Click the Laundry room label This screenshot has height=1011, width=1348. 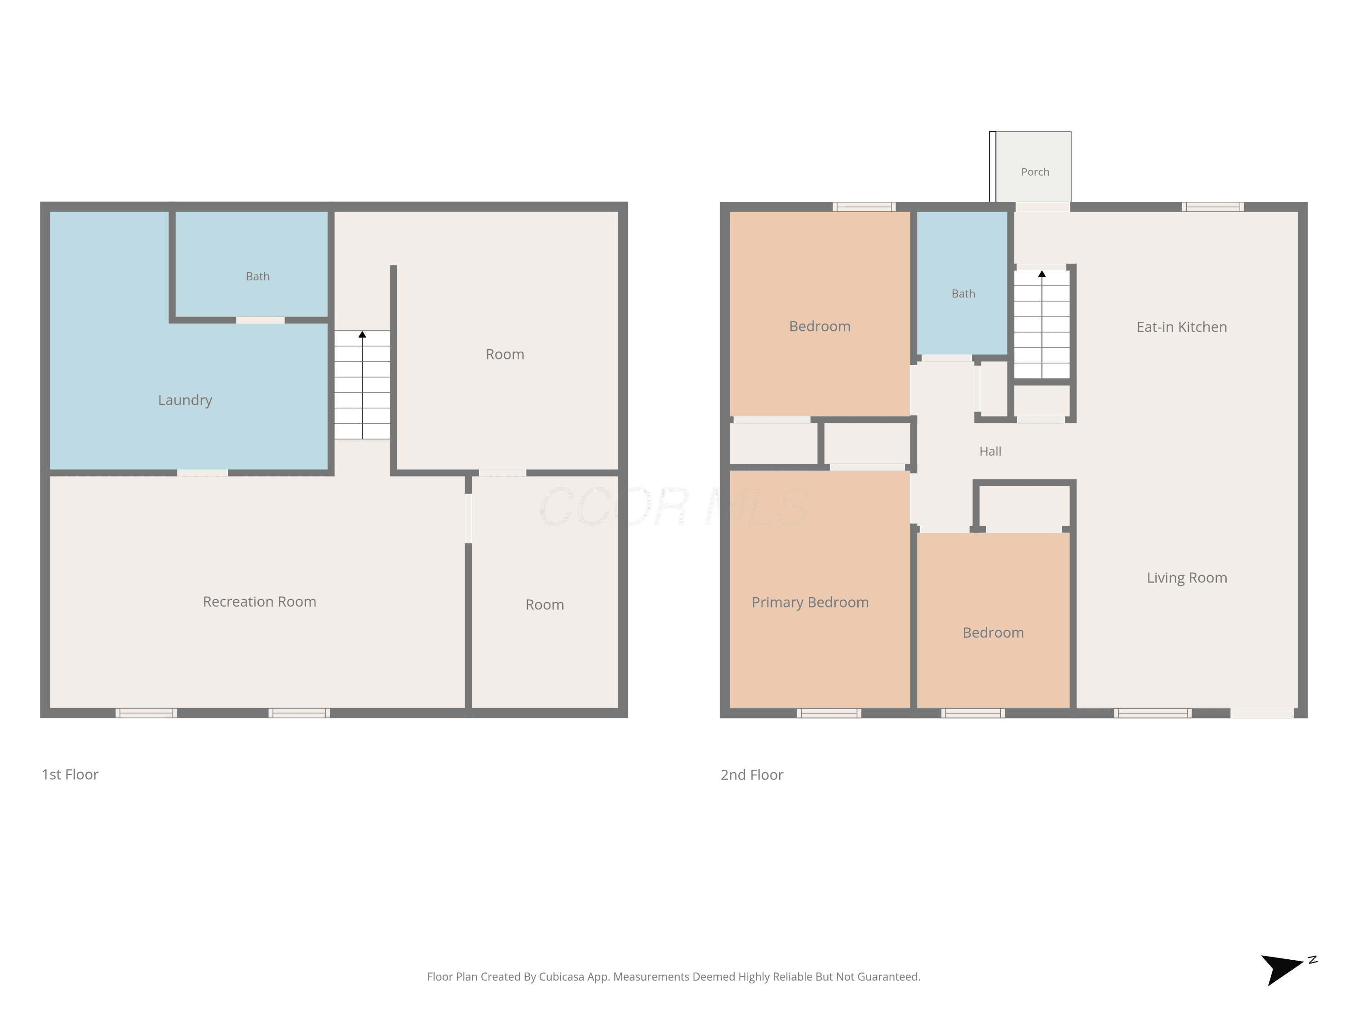tap(185, 400)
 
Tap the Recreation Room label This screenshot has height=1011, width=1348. tap(260, 602)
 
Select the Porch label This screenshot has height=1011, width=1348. tap(1035, 172)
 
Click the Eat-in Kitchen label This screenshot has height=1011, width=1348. tap(1182, 327)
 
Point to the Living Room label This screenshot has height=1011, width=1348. tap(1187, 578)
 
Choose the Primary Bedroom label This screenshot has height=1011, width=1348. tap(810, 603)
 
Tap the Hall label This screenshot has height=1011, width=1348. tap(990, 452)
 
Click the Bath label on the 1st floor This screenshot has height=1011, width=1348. tap(258, 277)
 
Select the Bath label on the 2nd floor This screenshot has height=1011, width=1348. tap(963, 294)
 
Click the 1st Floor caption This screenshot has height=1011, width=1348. tap(70, 775)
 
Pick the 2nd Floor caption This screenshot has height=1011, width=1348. tap(752, 775)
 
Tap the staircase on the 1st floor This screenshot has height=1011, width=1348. tap(362, 385)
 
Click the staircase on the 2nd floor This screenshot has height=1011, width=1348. tap(1042, 324)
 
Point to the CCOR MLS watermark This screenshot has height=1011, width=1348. tap(674, 506)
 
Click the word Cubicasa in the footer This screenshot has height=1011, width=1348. tap(562, 977)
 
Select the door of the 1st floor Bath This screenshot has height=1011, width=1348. tap(260, 320)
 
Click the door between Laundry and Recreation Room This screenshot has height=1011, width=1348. tap(202, 473)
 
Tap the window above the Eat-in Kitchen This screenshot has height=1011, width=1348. tap(1213, 207)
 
